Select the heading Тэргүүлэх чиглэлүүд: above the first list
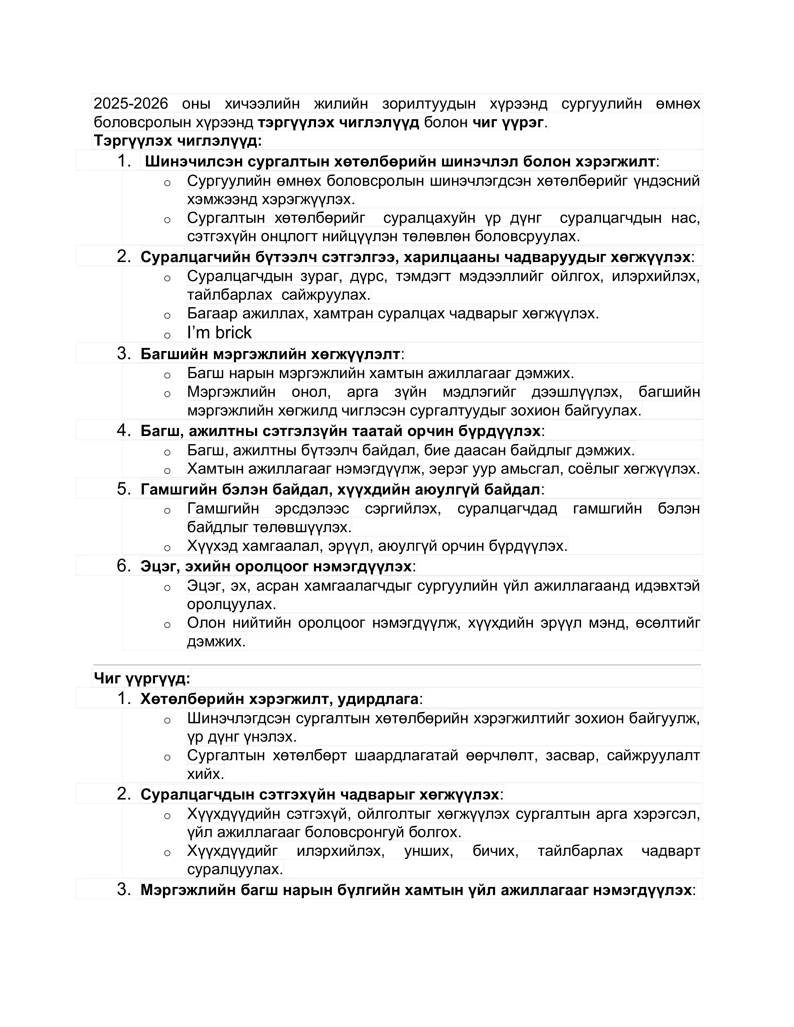click(177, 141)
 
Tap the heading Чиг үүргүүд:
click(142, 678)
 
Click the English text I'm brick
click(219, 333)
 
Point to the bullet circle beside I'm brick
click(167, 335)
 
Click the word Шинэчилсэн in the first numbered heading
click(194, 162)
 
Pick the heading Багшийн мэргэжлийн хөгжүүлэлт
click(271, 354)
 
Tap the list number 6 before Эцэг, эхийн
click(123, 566)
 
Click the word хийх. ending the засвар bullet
click(206, 774)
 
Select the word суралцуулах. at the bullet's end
click(235, 869)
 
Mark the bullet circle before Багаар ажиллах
click(167, 316)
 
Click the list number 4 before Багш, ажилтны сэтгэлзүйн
click(123, 430)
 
